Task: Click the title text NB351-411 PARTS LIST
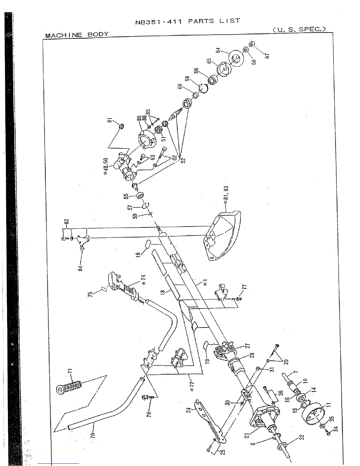point(187,21)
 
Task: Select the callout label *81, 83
point(226,196)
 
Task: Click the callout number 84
point(80,268)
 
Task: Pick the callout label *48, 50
point(106,167)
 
